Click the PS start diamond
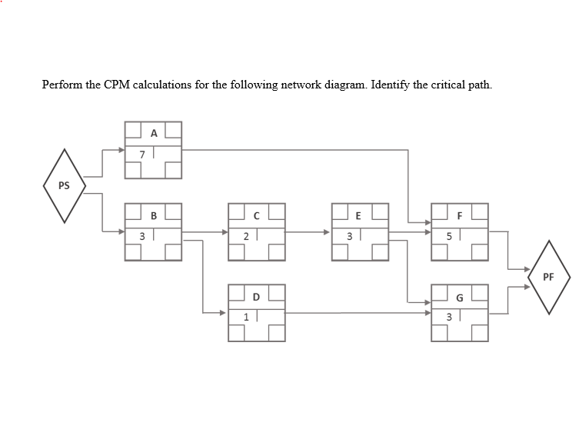(63, 186)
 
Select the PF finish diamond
(549, 277)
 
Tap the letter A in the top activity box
(154, 133)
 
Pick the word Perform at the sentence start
(62, 84)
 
